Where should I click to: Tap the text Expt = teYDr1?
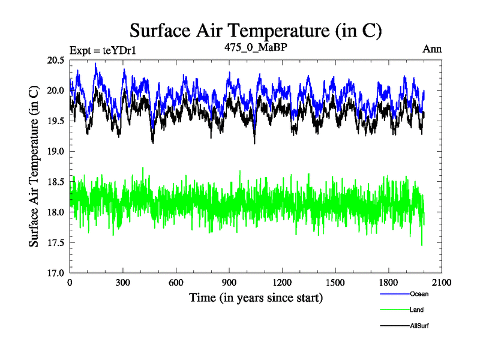(103, 50)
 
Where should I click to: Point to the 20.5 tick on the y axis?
(57, 60)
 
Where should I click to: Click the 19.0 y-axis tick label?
(57, 151)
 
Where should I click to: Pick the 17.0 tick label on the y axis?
(57, 273)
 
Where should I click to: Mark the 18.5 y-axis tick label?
(57, 182)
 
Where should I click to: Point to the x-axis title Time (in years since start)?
(256, 298)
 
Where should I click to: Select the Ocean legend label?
(419, 294)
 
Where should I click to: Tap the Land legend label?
(417, 310)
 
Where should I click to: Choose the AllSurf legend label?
(419, 325)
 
